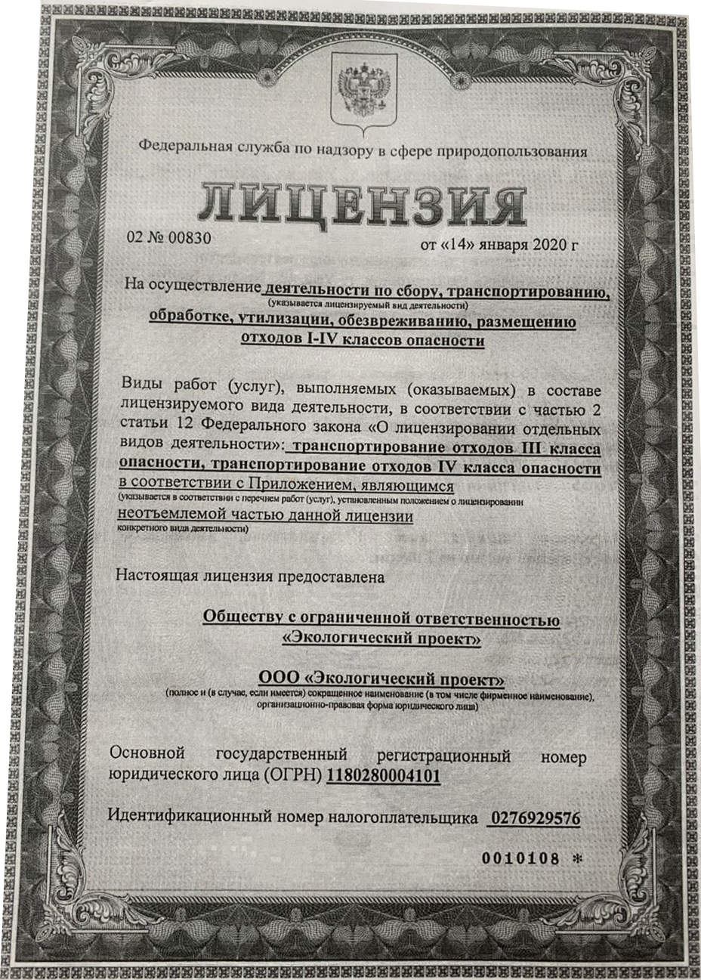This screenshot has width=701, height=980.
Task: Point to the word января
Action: tap(501, 245)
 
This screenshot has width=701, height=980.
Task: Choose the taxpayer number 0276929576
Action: tap(535, 818)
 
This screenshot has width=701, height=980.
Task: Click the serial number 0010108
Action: tap(520, 859)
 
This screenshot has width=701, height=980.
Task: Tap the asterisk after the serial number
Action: tap(579, 859)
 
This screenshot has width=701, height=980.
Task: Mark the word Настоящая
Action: tap(152, 577)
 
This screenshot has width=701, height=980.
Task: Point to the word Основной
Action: tap(148, 755)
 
